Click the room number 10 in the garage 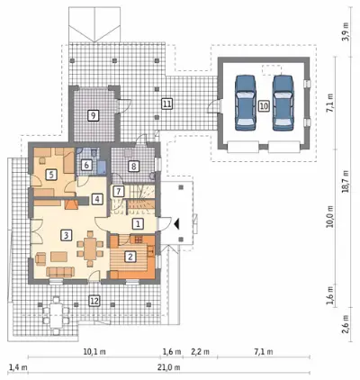pyautogui.click(x=264, y=105)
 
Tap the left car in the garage pyautogui.click(x=246, y=103)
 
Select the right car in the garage pyautogui.click(x=283, y=103)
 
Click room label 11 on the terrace pyautogui.click(x=166, y=104)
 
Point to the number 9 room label pyautogui.click(x=94, y=115)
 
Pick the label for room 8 pyautogui.click(x=134, y=166)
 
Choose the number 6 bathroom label pyautogui.click(x=86, y=165)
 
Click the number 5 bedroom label pyautogui.click(x=51, y=175)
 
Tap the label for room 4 pyautogui.click(x=96, y=199)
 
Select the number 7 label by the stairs pyautogui.click(x=119, y=191)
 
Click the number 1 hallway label pyautogui.click(x=138, y=223)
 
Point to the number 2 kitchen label pyautogui.click(x=130, y=257)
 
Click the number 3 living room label pyautogui.click(x=67, y=235)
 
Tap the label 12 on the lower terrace pyautogui.click(x=94, y=301)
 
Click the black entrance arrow pyautogui.click(x=176, y=223)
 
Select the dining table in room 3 pyautogui.click(x=90, y=249)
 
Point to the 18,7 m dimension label pyautogui.click(x=346, y=182)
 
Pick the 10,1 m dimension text pyautogui.click(x=94, y=351)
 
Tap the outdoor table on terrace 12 pyautogui.click(x=56, y=315)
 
